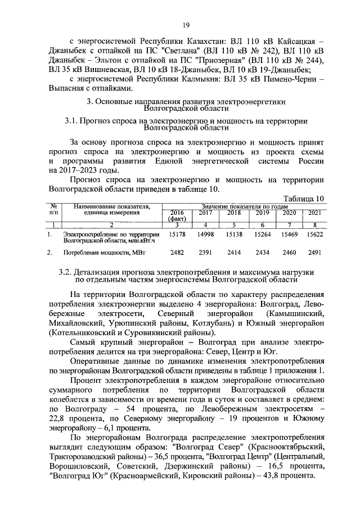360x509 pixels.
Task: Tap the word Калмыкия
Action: click(202, 79)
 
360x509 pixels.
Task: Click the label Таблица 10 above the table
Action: click(304, 198)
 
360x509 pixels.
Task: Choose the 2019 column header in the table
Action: click(262, 213)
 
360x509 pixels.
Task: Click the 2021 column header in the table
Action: click(314, 213)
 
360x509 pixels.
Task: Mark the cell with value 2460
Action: click(289, 253)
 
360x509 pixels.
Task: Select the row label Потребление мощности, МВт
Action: click(97, 253)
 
